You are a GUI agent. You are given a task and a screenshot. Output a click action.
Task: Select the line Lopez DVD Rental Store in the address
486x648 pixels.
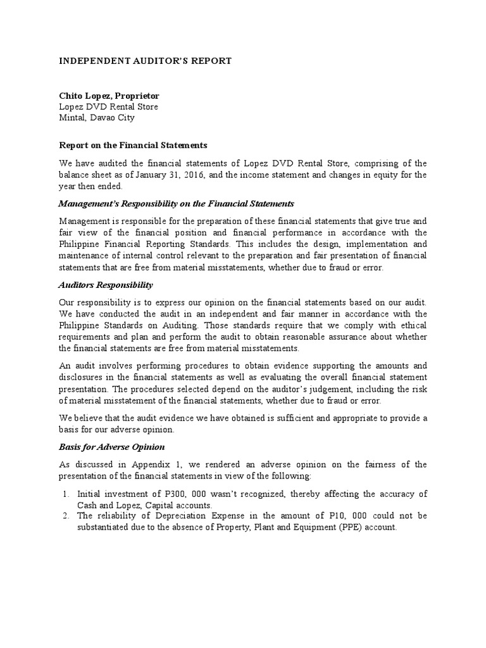[x=108, y=106]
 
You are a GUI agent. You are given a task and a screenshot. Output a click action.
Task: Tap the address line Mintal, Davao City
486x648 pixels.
[x=96, y=117]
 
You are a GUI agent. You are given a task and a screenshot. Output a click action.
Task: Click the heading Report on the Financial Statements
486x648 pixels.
[x=133, y=145]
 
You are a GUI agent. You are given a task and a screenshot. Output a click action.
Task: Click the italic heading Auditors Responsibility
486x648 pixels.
[x=106, y=285]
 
